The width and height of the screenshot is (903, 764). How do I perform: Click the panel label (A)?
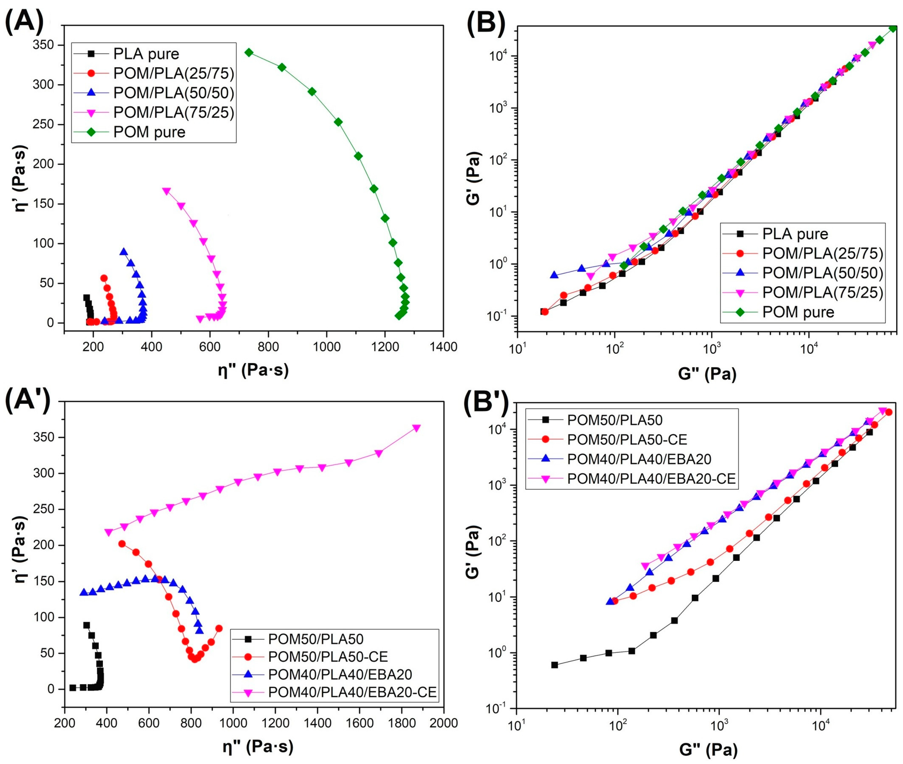coord(25,21)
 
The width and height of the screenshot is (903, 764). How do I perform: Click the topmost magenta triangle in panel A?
coord(166,191)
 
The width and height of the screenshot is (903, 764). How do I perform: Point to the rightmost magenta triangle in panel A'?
coord(417,428)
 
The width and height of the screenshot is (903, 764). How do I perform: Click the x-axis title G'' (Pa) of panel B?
coord(707,373)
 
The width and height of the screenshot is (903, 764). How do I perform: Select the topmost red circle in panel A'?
coord(122,544)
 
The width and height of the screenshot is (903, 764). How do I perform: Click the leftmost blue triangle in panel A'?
coord(84,592)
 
